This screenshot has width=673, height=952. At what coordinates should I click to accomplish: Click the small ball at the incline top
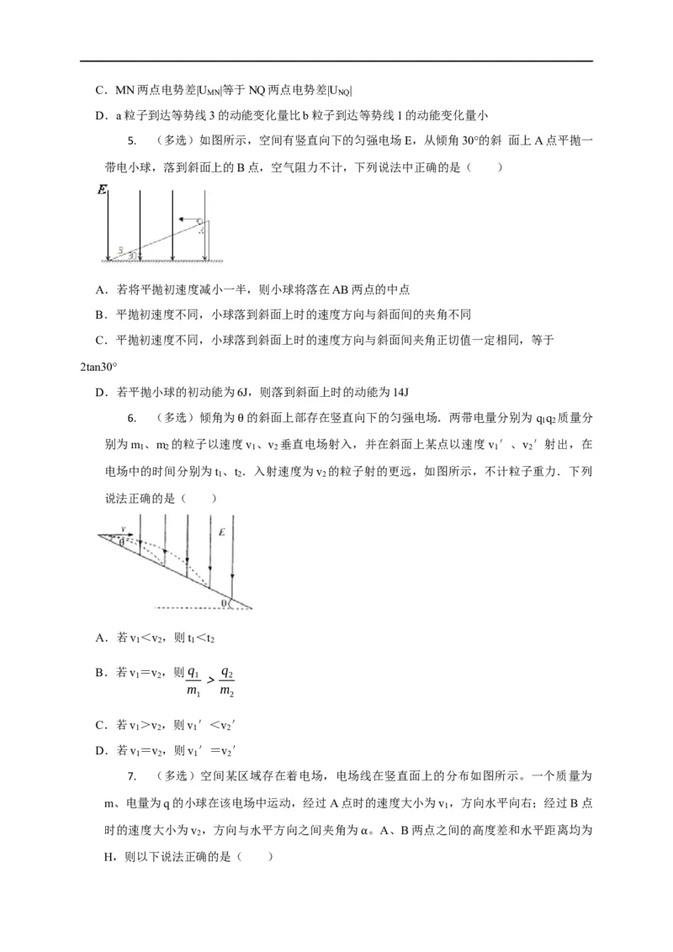tap(200, 222)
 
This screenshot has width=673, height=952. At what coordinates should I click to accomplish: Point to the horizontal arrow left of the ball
tap(186, 219)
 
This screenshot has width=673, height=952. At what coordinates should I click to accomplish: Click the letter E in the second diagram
tap(222, 532)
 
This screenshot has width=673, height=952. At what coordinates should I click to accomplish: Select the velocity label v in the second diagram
tap(124, 528)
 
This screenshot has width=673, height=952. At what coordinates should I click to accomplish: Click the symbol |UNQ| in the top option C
tap(336, 90)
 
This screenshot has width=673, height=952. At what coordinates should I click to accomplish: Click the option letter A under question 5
tap(100, 289)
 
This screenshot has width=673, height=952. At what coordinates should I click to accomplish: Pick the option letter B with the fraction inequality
tap(100, 672)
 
